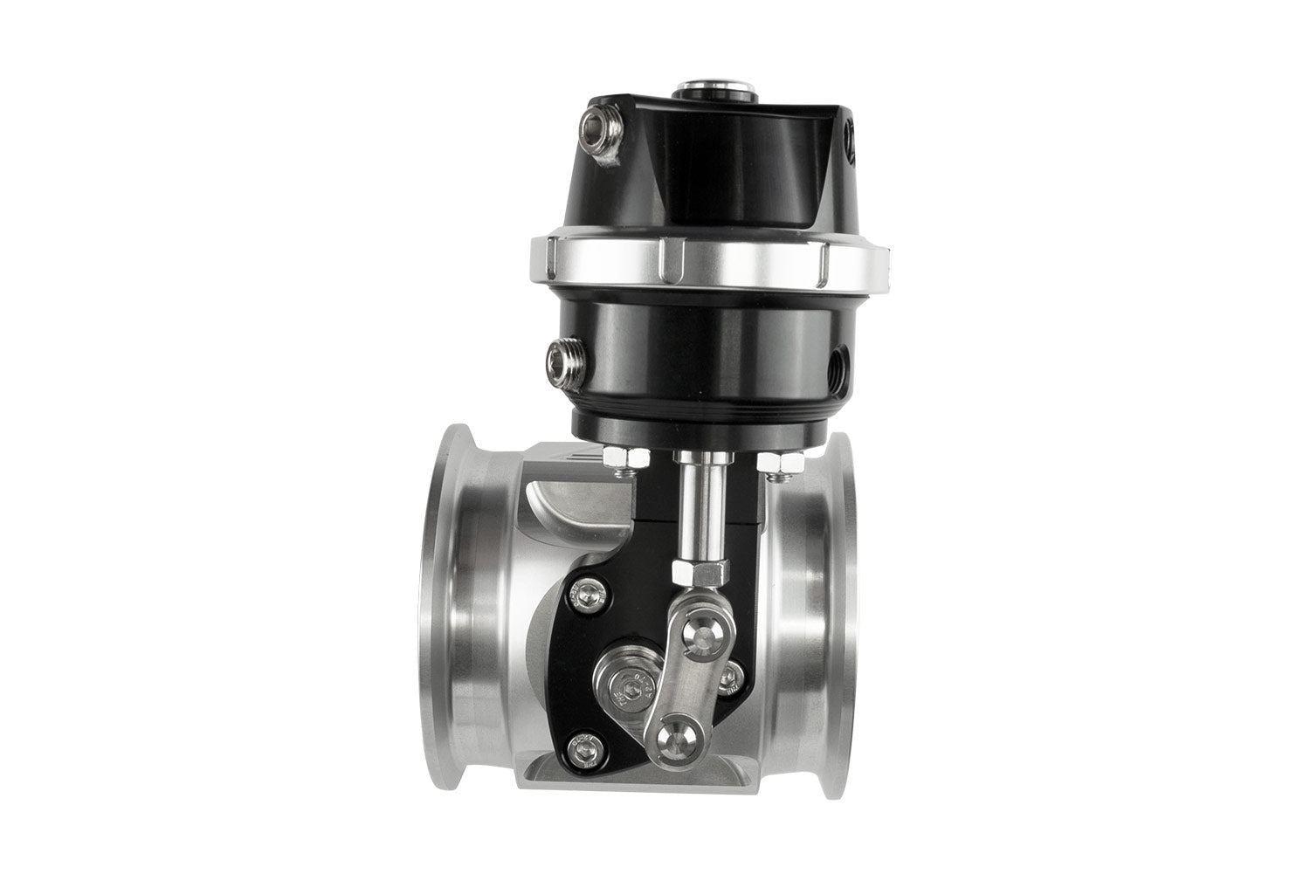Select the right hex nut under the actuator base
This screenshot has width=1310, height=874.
(772, 460)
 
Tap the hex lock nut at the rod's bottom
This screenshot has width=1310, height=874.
(698, 573)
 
